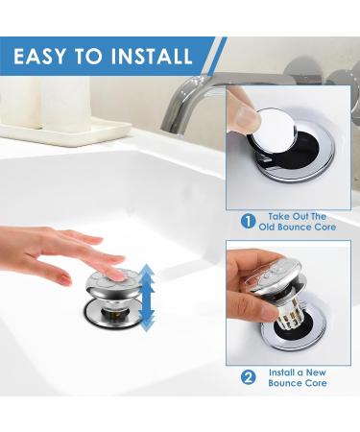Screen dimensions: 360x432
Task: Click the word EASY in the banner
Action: pos(39,56)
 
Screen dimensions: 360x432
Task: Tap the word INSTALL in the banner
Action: pos(152,56)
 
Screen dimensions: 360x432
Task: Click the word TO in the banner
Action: pos(88,56)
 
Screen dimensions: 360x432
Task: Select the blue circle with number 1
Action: pos(248,222)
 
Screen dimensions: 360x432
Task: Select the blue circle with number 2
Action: pos(248,377)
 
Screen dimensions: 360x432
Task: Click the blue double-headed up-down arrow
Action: pos(148,298)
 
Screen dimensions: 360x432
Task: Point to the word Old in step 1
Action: pos(267,228)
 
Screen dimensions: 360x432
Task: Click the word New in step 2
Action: pos(316,372)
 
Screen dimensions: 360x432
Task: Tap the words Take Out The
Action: pos(298,216)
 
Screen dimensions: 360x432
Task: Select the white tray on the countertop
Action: pos(65,132)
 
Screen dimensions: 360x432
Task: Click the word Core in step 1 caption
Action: pos(325,228)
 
